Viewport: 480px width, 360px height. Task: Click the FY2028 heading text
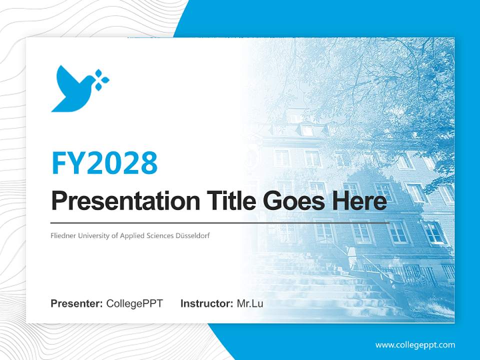point(104,163)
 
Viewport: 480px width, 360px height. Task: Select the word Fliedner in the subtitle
point(62,235)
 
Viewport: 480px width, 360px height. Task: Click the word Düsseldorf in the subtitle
point(192,235)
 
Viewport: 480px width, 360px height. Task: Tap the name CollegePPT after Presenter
point(134,303)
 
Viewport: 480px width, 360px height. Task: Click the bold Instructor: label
point(206,303)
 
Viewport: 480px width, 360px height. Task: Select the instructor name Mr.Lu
point(250,303)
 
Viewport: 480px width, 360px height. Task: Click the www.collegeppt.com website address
point(415,344)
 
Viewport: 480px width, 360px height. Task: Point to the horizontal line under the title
point(220,222)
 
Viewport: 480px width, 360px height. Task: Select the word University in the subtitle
point(92,235)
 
